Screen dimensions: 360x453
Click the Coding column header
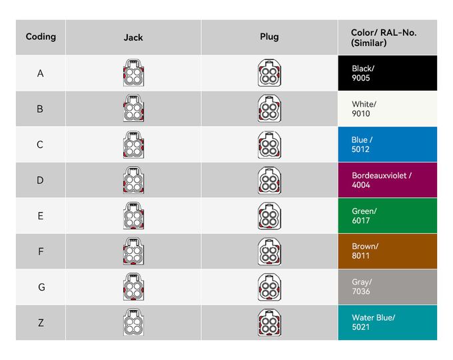(x=41, y=37)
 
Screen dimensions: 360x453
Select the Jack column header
(x=133, y=37)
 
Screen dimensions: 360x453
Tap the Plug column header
(x=269, y=37)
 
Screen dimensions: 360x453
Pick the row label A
(x=41, y=73)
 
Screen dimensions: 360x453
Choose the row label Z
(x=41, y=323)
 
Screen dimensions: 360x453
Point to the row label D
(x=41, y=180)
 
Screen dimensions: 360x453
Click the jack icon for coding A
(x=133, y=73)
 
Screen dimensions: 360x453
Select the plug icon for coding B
(x=269, y=109)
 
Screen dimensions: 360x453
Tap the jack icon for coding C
(x=133, y=145)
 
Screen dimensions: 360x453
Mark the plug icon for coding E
(x=269, y=215)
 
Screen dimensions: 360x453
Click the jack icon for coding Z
(x=133, y=323)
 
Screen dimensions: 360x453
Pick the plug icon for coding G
(x=269, y=287)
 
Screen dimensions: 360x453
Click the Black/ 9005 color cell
(x=387, y=73)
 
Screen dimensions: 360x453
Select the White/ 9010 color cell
(x=387, y=109)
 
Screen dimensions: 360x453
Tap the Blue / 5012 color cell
(x=387, y=145)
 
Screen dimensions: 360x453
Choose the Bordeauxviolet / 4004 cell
(x=387, y=180)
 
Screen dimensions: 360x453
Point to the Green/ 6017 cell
(x=387, y=215)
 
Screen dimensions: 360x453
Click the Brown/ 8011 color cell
(x=387, y=251)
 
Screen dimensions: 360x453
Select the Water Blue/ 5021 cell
(x=387, y=323)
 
